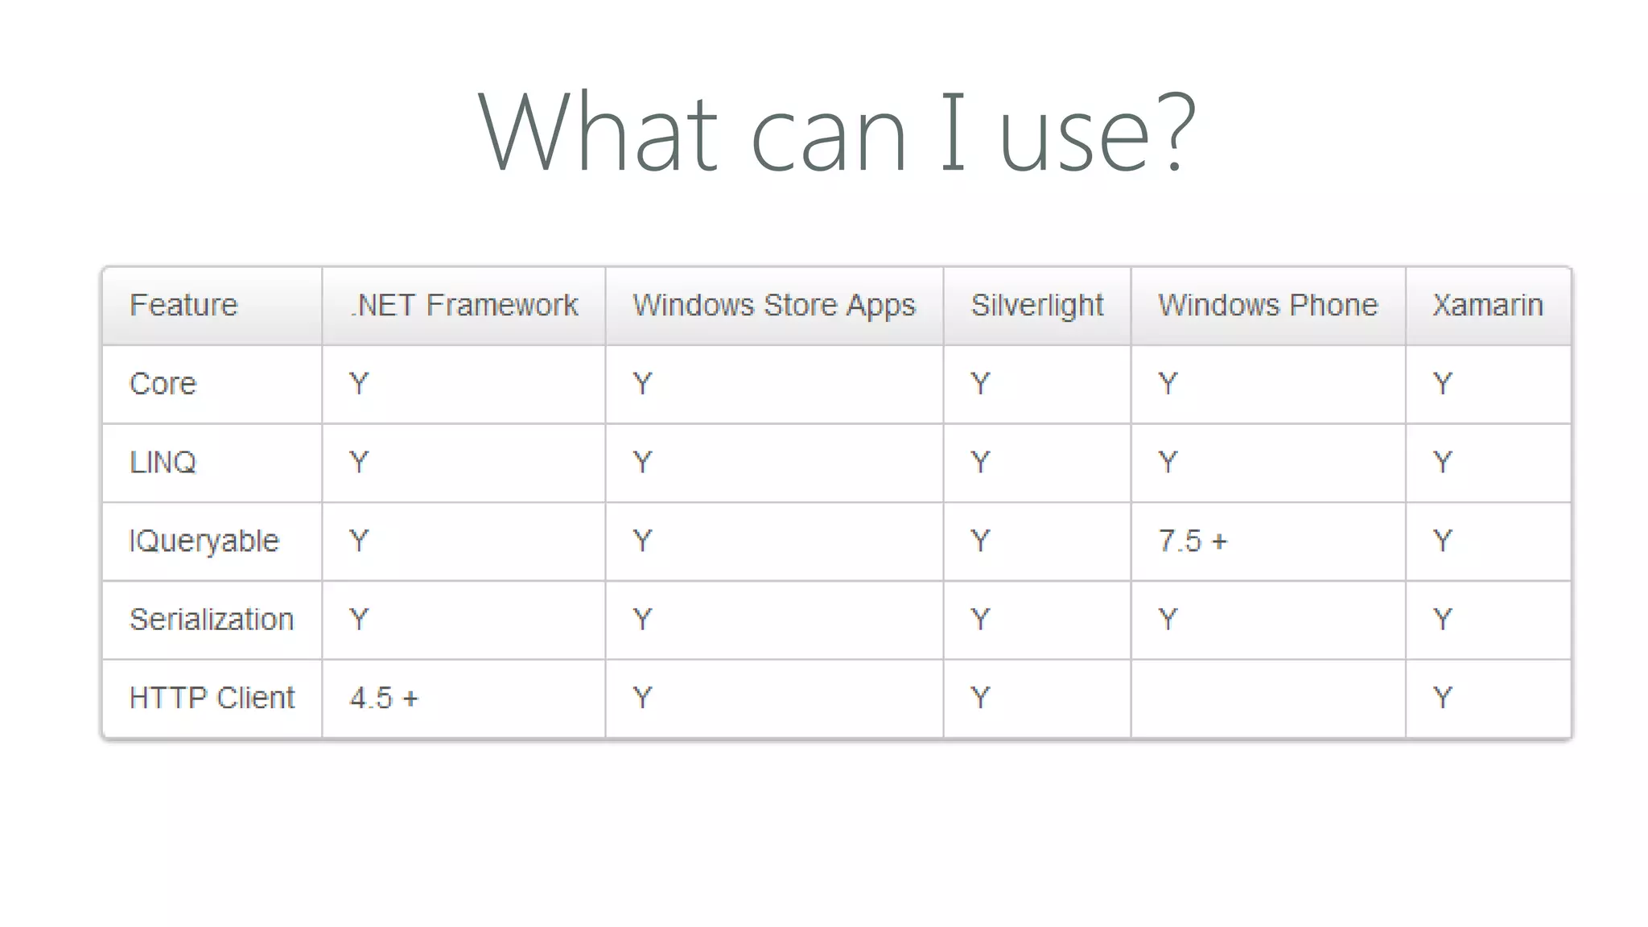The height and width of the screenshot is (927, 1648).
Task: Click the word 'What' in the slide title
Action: coord(597,133)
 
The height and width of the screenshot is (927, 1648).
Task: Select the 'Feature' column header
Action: coord(183,306)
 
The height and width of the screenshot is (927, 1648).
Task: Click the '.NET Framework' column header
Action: coord(464,306)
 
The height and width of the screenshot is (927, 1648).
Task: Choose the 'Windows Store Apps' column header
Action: coord(773,306)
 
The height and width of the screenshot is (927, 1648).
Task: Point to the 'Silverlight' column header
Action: coord(1036,306)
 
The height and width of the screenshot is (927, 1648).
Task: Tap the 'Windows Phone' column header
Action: coord(1267,306)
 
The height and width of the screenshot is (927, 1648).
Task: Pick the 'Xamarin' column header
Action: coord(1487,306)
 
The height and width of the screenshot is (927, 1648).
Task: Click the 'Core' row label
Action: coord(163,384)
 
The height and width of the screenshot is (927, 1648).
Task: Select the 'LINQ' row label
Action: coord(163,463)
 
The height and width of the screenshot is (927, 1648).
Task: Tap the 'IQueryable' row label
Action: coord(204,541)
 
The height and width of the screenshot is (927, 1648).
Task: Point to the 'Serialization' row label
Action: coord(212,620)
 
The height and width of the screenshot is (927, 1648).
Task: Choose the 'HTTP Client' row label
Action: coord(212,698)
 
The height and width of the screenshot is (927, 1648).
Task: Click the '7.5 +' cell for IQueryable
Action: coord(1193,541)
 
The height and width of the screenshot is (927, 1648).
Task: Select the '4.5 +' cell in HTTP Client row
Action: coord(384,698)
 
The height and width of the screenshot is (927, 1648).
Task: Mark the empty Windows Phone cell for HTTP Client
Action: coord(1267,698)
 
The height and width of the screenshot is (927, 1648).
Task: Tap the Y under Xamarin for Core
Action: coord(1442,384)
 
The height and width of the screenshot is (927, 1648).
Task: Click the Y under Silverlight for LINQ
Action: coord(979,463)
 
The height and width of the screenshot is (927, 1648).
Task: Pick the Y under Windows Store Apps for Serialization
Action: coord(641,620)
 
